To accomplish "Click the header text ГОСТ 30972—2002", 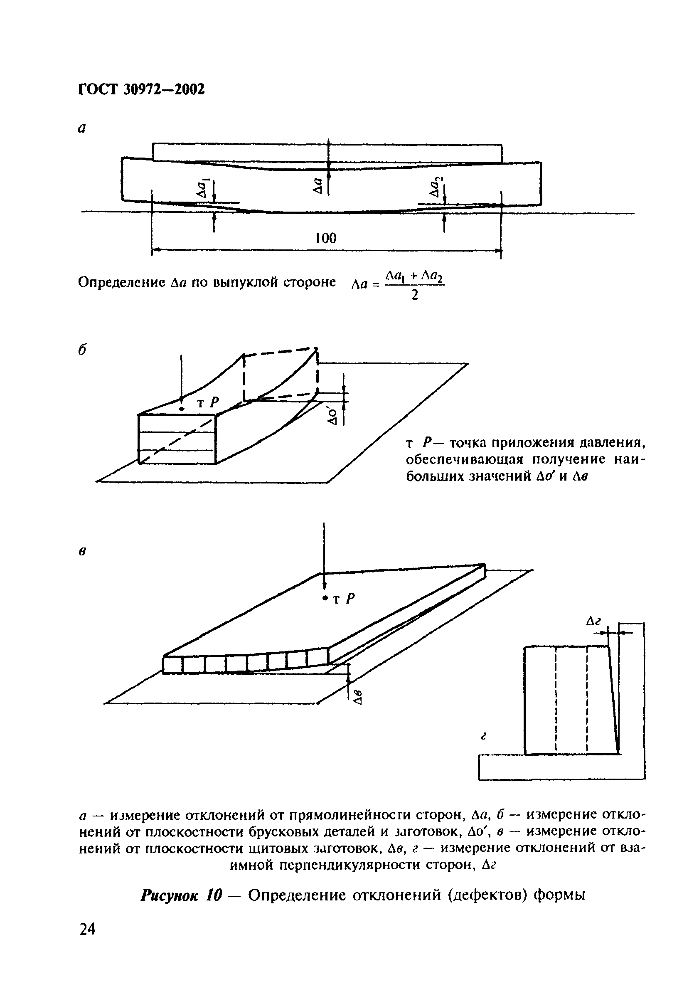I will click(141, 89).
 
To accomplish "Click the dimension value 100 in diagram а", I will click(325, 238).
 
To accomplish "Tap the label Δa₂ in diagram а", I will click(436, 188).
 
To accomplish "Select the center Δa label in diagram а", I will click(318, 186).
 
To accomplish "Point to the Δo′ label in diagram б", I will click(332, 415).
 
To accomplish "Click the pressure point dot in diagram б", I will click(182, 408).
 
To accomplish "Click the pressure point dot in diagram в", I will click(325, 598).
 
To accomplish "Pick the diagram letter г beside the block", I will click(484, 737).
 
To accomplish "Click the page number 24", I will click(87, 941).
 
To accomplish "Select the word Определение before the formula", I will click(122, 282).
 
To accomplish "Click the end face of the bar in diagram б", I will click(177, 439).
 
